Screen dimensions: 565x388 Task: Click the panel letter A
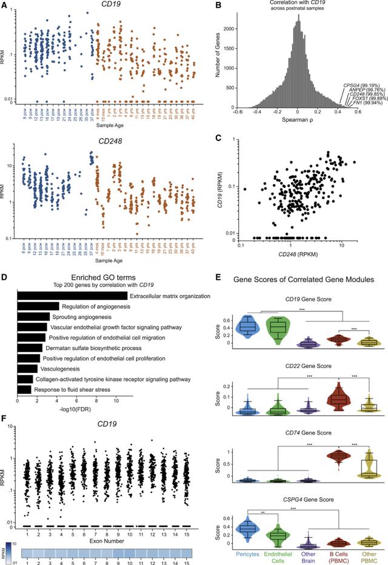[5, 5]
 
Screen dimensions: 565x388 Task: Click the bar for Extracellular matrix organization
[72, 296]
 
